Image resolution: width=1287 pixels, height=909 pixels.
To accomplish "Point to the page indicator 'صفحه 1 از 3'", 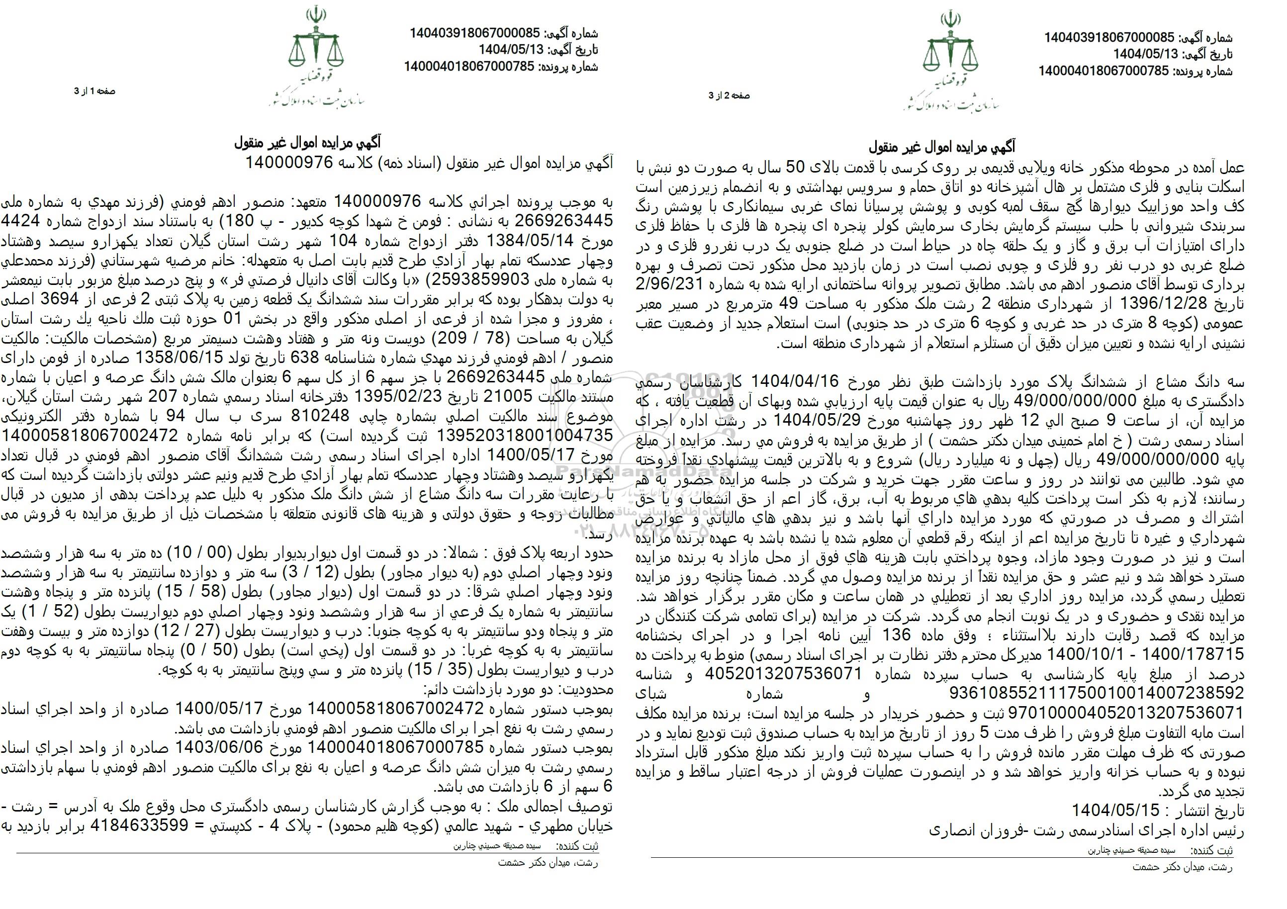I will pos(95,91).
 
